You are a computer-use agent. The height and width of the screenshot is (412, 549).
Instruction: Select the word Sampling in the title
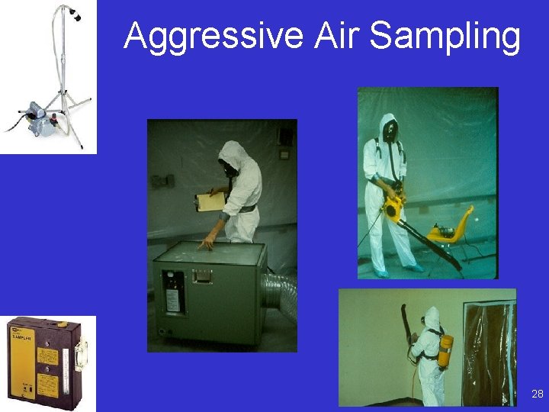click(445, 37)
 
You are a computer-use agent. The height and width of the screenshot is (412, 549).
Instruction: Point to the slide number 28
click(537, 394)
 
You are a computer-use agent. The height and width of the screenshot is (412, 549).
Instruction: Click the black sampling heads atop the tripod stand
click(74, 14)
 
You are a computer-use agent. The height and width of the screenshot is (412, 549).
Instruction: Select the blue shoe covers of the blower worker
click(396, 271)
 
